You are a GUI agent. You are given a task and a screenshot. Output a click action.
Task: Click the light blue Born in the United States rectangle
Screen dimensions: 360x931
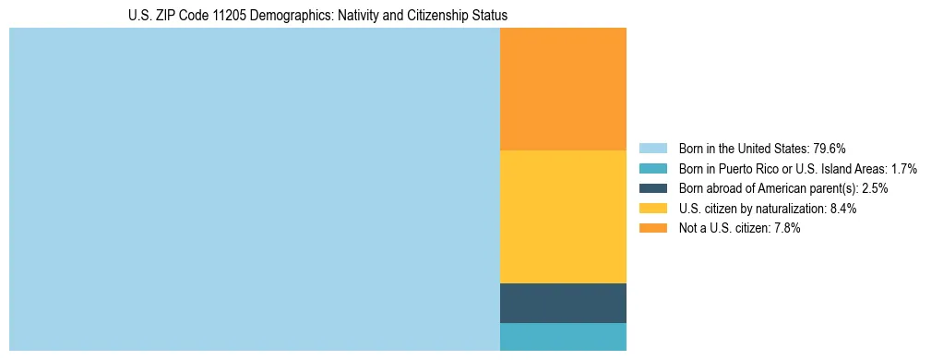click(254, 189)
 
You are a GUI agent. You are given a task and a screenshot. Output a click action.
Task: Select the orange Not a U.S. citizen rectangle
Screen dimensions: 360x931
click(563, 89)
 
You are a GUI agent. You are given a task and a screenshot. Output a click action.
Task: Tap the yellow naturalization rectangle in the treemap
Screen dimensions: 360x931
click(563, 216)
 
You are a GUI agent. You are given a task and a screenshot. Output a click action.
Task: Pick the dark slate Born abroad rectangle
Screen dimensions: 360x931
click(563, 303)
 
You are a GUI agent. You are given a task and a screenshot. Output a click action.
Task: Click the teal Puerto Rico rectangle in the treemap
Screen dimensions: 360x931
click(563, 337)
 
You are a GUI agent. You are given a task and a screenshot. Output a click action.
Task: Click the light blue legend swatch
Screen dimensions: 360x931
click(652, 149)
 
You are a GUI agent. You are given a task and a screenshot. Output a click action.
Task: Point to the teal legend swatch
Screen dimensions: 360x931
click(652, 169)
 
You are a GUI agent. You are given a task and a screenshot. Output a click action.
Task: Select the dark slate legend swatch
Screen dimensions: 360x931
click(652, 188)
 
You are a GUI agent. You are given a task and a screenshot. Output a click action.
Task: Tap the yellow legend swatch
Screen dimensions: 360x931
click(652, 209)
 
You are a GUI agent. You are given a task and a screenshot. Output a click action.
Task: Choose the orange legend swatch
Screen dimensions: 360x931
click(652, 229)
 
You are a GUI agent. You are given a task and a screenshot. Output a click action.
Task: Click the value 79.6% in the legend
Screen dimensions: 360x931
click(829, 149)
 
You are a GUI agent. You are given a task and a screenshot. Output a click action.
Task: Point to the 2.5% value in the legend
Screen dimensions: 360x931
click(875, 188)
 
